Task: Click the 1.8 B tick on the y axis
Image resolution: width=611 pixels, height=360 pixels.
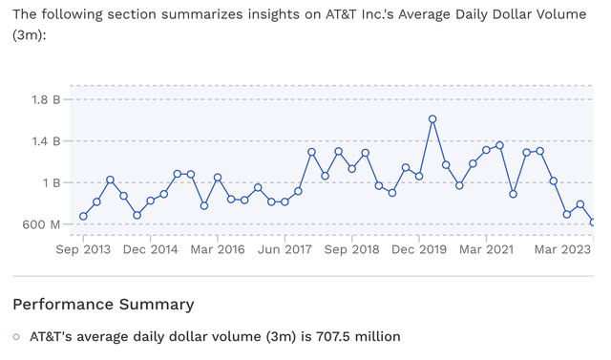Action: [47, 98]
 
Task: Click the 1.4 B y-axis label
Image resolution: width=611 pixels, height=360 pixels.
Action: [47, 140]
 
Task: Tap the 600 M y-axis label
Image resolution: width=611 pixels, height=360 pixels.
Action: [42, 224]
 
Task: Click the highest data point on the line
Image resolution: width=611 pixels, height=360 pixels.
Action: [432, 119]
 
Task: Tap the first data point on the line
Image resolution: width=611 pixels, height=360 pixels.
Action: [83, 216]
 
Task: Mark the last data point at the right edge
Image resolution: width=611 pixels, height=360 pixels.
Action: [593, 222]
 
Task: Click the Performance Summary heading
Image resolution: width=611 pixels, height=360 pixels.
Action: [103, 305]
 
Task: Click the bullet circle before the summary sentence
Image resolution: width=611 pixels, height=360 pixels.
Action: [16, 336]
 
